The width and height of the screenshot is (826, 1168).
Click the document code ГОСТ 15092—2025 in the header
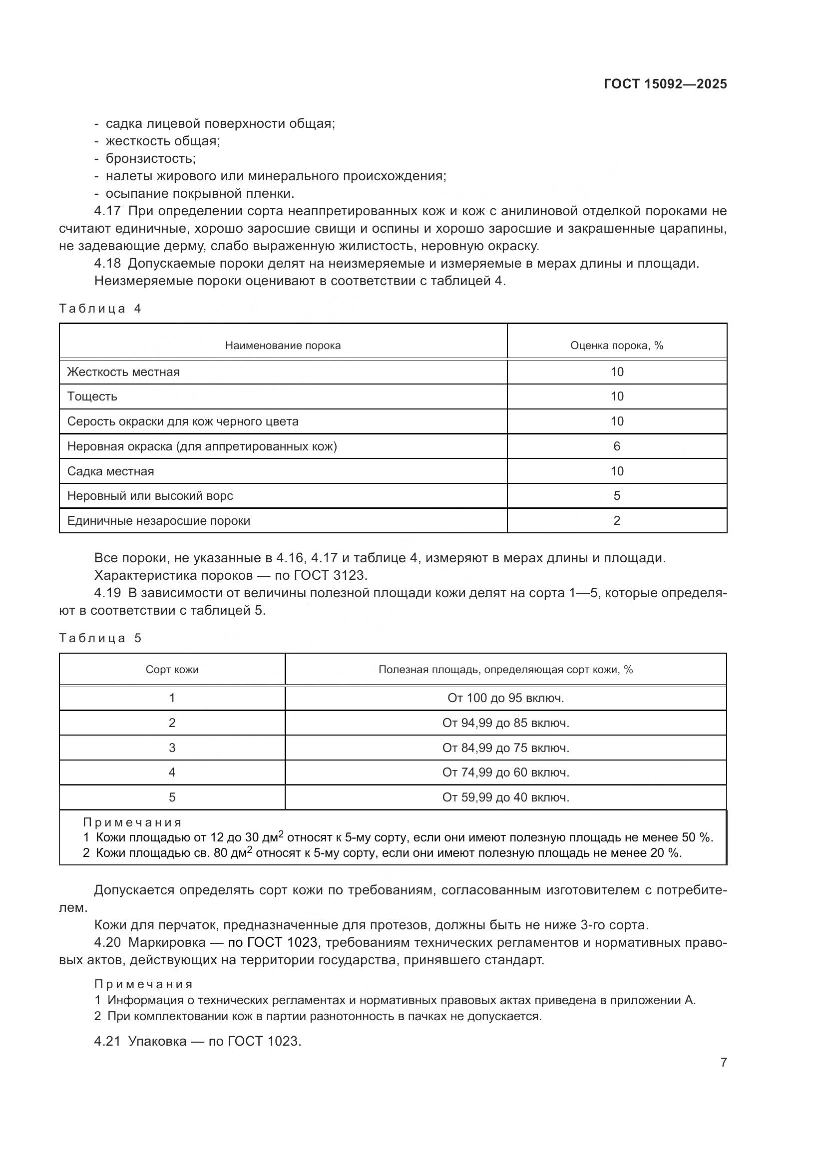click(x=665, y=84)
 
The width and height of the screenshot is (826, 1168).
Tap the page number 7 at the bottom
click(x=723, y=1062)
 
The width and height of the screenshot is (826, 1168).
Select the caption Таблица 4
click(x=100, y=308)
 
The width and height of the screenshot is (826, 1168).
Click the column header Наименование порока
click(x=283, y=346)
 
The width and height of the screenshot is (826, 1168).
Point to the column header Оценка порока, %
click(x=616, y=346)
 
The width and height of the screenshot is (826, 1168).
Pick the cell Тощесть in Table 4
click(x=92, y=396)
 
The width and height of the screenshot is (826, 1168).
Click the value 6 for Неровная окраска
click(x=616, y=446)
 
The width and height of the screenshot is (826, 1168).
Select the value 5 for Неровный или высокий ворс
click(x=616, y=495)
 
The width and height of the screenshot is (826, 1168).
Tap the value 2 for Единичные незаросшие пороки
click(x=616, y=520)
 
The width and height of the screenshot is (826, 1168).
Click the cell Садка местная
click(x=110, y=471)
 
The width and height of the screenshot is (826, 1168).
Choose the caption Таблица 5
click(x=100, y=638)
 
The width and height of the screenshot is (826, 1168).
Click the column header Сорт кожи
click(x=172, y=670)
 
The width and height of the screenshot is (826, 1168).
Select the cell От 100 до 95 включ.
click(x=505, y=698)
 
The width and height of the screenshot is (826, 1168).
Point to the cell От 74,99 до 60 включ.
click(x=505, y=772)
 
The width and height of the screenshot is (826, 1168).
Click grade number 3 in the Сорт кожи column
click(x=172, y=748)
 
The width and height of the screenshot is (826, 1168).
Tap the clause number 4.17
click(x=107, y=211)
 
